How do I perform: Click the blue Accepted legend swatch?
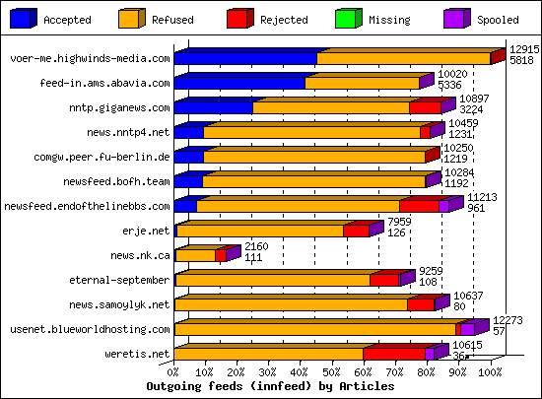point(24,18)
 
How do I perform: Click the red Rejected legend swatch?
point(239,18)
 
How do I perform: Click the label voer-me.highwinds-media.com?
point(90,59)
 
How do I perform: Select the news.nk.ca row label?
point(140,255)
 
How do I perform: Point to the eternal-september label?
point(124,280)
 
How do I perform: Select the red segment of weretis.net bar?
point(394,354)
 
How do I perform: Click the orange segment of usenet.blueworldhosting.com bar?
point(315,329)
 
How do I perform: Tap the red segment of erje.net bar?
point(356,232)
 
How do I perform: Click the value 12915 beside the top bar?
point(522,48)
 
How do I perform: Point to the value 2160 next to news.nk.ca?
point(256,245)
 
